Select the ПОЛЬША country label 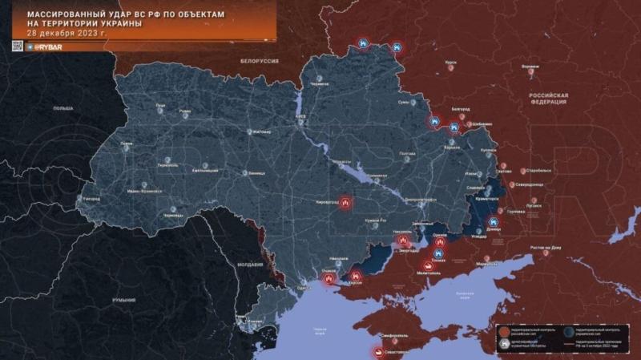62,107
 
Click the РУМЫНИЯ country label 123,298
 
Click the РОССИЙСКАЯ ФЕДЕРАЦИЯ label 548,99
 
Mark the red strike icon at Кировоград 345,204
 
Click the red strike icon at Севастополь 376,350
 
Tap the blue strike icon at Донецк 494,221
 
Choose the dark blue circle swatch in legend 568,330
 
